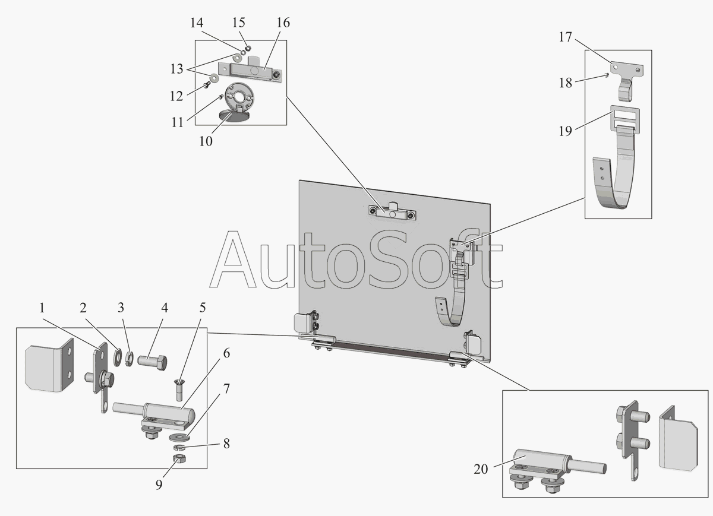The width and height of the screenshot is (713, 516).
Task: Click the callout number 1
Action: coord(42,308)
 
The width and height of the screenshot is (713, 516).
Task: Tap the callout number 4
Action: coord(164,308)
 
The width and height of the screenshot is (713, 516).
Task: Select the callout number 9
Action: coord(159,485)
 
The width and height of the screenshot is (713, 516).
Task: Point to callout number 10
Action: coord(206,142)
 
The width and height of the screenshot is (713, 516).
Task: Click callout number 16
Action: coord(283,23)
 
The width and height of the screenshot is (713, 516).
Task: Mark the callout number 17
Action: coord(564,37)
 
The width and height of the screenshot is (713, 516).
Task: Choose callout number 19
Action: coord(565,131)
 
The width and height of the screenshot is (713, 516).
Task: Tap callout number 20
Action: coord(481,469)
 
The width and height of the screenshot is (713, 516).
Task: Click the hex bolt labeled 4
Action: coord(153,360)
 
